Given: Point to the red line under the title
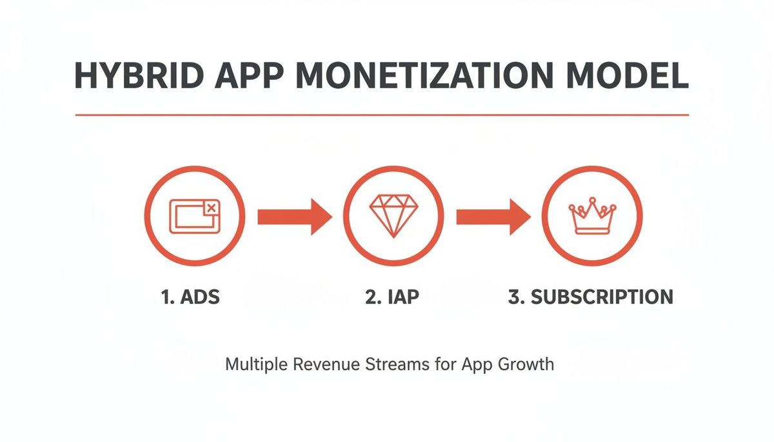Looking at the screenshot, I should (382, 115).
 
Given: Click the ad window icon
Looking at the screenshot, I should (194, 216).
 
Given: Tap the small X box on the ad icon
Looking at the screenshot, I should (211, 208).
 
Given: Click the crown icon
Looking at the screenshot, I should (591, 216).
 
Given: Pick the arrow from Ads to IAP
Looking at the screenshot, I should (293, 216).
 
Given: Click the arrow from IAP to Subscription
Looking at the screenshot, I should (492, 216).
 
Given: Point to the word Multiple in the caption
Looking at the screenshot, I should (256, 365).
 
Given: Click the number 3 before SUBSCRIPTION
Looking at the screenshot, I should (514, 298).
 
